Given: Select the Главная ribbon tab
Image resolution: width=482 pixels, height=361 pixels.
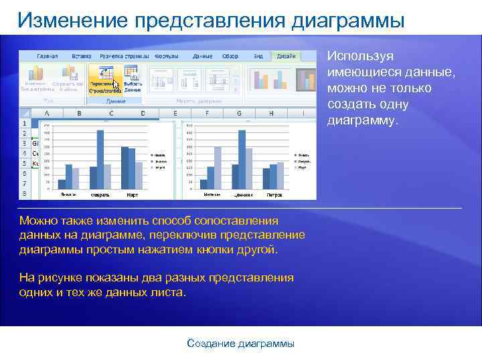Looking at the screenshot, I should point(47,56).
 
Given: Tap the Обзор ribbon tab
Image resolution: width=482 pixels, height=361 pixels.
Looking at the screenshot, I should point(230,56).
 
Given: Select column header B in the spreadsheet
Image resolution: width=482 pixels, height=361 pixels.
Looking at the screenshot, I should point(80,114).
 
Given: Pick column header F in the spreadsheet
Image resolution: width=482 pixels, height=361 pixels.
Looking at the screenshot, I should point(207,114).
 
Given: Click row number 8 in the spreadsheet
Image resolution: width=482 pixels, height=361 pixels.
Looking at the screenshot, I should point(25,194).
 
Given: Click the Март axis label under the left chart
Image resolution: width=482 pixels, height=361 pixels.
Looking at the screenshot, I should point(133,196).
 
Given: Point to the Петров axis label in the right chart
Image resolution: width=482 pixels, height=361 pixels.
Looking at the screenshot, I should point(274,196).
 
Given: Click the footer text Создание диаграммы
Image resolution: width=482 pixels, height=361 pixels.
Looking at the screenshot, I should point(240,344).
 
